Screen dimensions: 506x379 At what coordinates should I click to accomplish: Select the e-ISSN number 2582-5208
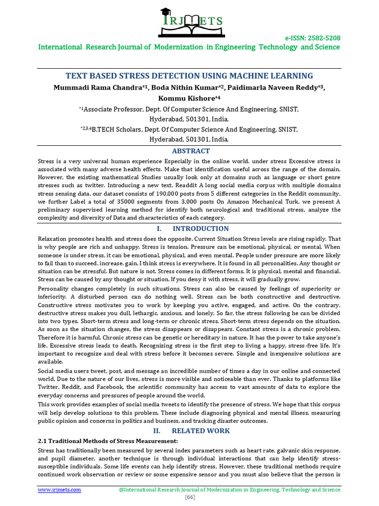[321, 38]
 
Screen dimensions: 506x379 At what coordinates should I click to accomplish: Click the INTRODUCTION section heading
[200, 228]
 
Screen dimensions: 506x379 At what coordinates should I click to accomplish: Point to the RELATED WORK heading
[201, 430]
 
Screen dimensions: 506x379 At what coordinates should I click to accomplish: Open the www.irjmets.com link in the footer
[60, 489]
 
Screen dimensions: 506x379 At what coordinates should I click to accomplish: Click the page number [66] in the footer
[189, 497]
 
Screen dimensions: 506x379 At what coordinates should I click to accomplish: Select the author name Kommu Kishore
[187, 98]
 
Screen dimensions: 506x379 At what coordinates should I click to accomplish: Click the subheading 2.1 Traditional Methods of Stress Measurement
[108, 440]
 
